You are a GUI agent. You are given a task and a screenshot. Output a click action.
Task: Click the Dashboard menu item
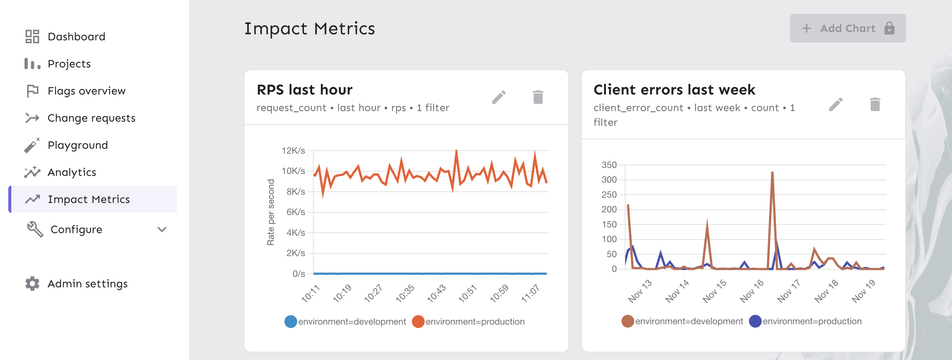(76, 37)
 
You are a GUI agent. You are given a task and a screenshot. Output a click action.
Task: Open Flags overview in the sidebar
(86, 91)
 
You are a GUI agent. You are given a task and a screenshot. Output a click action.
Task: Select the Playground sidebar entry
(78, 145)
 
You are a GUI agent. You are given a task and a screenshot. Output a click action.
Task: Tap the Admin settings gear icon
(32, 284)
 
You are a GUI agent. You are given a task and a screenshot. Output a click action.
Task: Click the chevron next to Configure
(162, 229)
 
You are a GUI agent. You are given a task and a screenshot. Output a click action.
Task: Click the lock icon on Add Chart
(889, 28)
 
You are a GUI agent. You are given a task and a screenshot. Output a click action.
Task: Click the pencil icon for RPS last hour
(499, 97)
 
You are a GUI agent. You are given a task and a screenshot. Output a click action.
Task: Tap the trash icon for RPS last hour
(538, 97)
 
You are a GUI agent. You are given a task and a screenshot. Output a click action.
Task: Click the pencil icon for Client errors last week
(836, 104)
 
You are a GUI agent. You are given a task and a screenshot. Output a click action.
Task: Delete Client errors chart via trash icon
(875, 104)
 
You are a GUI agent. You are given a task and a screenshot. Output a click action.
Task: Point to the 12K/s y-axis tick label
(293, 151)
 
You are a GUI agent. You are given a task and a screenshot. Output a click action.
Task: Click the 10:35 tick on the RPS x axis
(405, 293)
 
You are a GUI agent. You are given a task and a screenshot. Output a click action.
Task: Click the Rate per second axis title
(271, 212)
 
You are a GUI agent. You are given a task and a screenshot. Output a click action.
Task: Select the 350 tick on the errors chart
(609, 165)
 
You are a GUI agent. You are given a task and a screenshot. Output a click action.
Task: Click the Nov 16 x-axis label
(752, 291)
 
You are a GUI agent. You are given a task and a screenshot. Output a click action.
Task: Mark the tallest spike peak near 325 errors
(772, 172)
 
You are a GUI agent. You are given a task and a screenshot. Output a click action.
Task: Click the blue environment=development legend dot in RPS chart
(291, 322)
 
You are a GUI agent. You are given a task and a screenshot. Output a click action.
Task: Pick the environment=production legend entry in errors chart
(812, 321)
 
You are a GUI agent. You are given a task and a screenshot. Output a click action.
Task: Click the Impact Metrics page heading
(310, 29)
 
